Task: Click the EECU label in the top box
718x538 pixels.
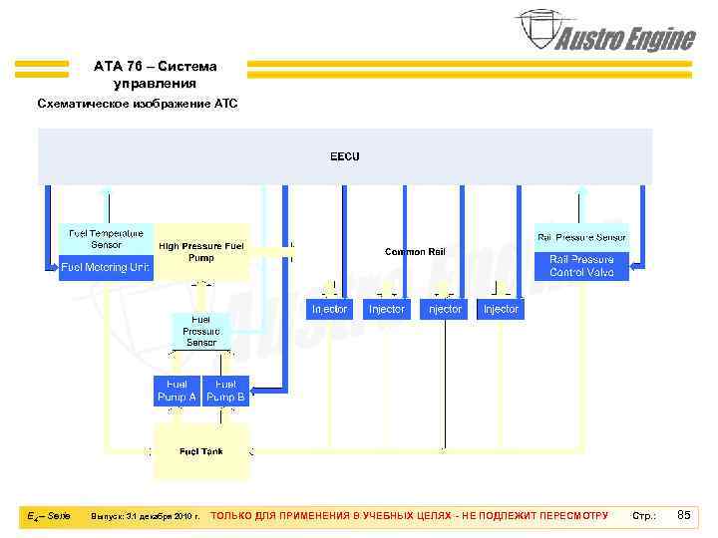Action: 345,156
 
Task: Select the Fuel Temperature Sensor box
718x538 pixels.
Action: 107,239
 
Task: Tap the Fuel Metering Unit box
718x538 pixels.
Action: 107,268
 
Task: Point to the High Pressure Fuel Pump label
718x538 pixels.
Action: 200,251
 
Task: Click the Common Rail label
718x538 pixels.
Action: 415,252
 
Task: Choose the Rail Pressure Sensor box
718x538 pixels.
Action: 582,237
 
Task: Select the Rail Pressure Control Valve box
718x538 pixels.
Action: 582,266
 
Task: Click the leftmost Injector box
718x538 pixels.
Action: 330,309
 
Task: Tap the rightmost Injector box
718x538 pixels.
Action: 501,309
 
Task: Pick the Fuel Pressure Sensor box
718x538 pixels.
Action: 201,331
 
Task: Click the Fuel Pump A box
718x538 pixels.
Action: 177,391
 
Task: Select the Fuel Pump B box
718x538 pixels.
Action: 226,391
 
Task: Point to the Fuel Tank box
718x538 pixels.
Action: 200,451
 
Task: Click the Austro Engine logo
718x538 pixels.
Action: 604,33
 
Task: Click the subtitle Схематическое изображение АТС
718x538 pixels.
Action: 138,104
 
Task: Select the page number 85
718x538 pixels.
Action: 683,515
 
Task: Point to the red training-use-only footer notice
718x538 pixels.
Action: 410,516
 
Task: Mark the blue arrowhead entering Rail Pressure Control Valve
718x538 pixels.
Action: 635,265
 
